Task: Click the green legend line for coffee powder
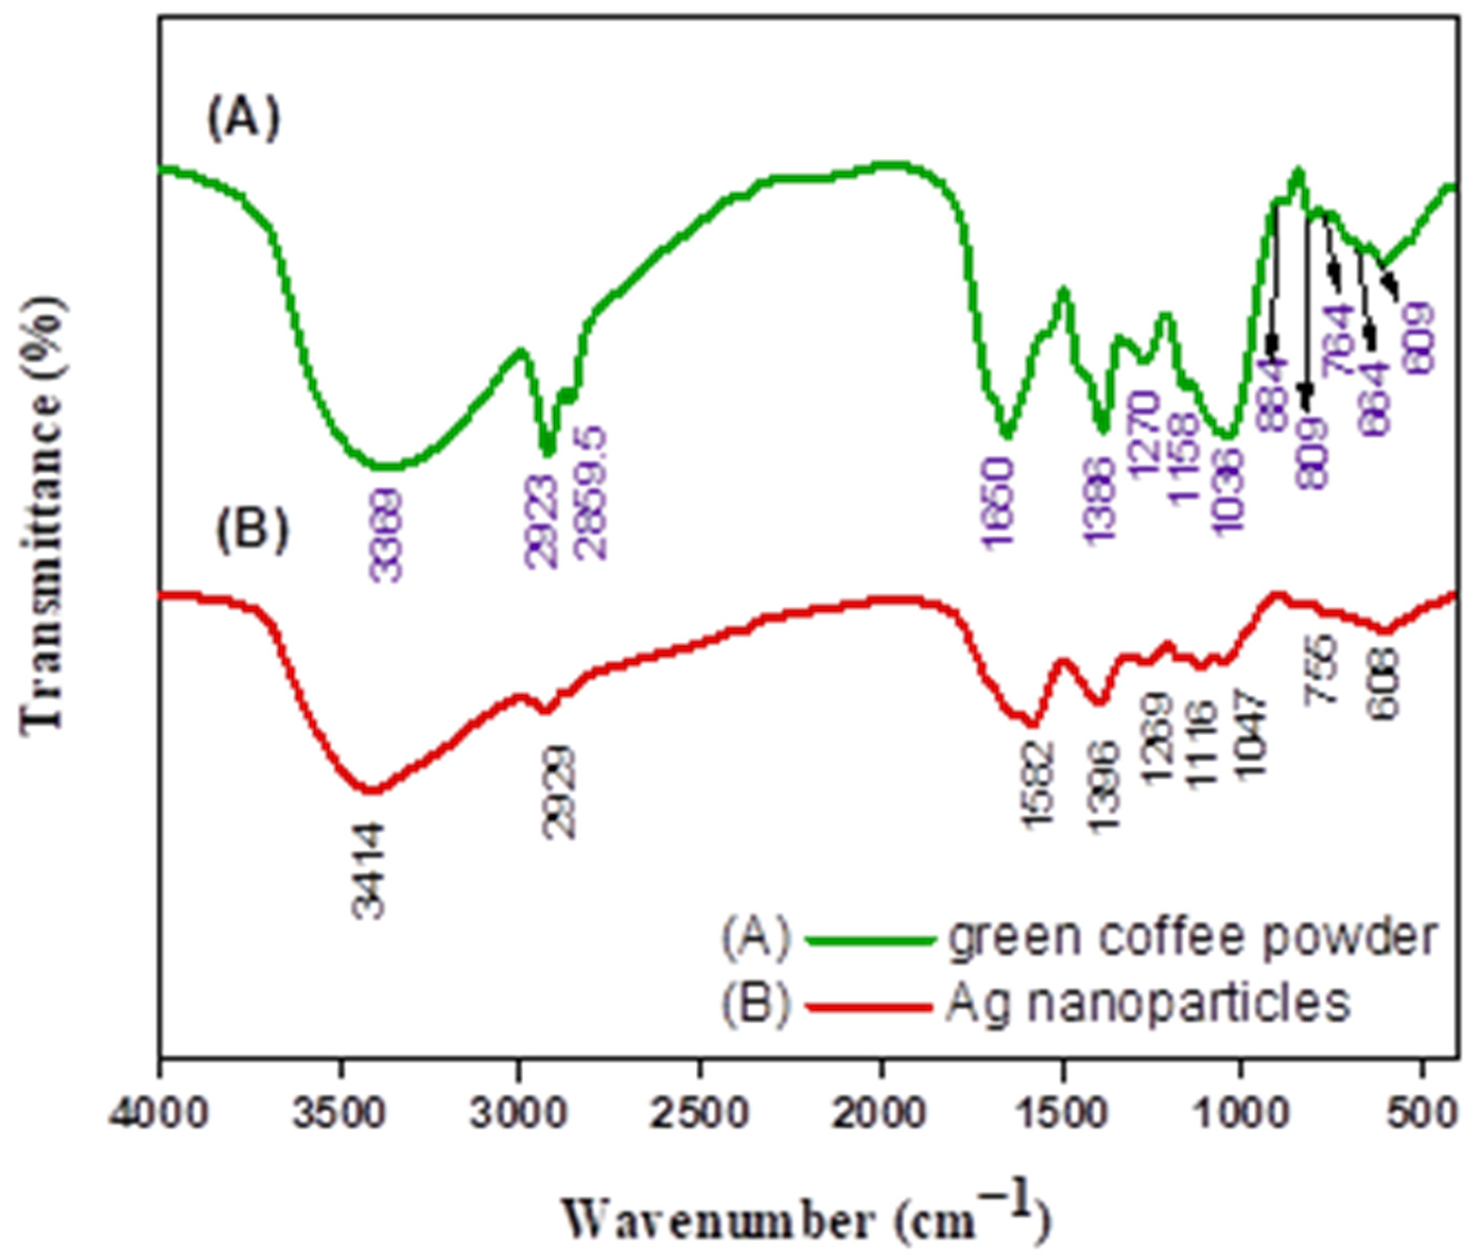[869, 940]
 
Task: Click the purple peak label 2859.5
[592, 493]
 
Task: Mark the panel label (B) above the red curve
[252, 530]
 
